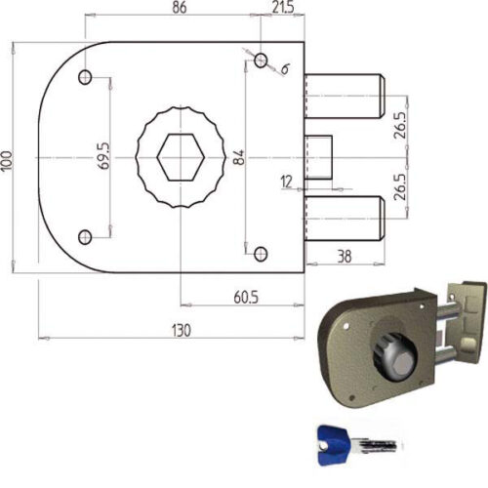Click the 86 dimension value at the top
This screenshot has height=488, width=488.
(x=180, y=8)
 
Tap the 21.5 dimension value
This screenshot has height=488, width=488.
(x=283, y=8)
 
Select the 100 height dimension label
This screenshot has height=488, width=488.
(x=6, y=160)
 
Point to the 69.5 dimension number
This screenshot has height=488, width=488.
(x=104, y=156)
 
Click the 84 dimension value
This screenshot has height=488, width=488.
(x=239, y=157)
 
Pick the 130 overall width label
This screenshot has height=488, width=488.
(x=182, y=331)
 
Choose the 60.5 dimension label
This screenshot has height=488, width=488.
(x=246, y=298)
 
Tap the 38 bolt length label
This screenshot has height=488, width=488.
(x=345, y=257)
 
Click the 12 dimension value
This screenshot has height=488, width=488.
(x=286, y=182)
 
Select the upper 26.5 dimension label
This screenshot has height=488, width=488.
(x=400, y=126)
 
